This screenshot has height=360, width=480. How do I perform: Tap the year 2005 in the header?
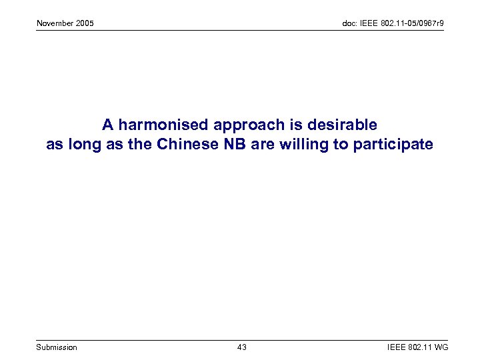coord(85,24)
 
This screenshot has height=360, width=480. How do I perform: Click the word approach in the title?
coord(245,125)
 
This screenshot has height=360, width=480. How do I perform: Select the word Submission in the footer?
coord(57,347)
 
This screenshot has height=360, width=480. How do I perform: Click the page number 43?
coord(241,347)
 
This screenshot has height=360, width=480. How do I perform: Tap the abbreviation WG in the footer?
coord(441,347)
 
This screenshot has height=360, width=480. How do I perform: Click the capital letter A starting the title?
coord(107,125)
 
